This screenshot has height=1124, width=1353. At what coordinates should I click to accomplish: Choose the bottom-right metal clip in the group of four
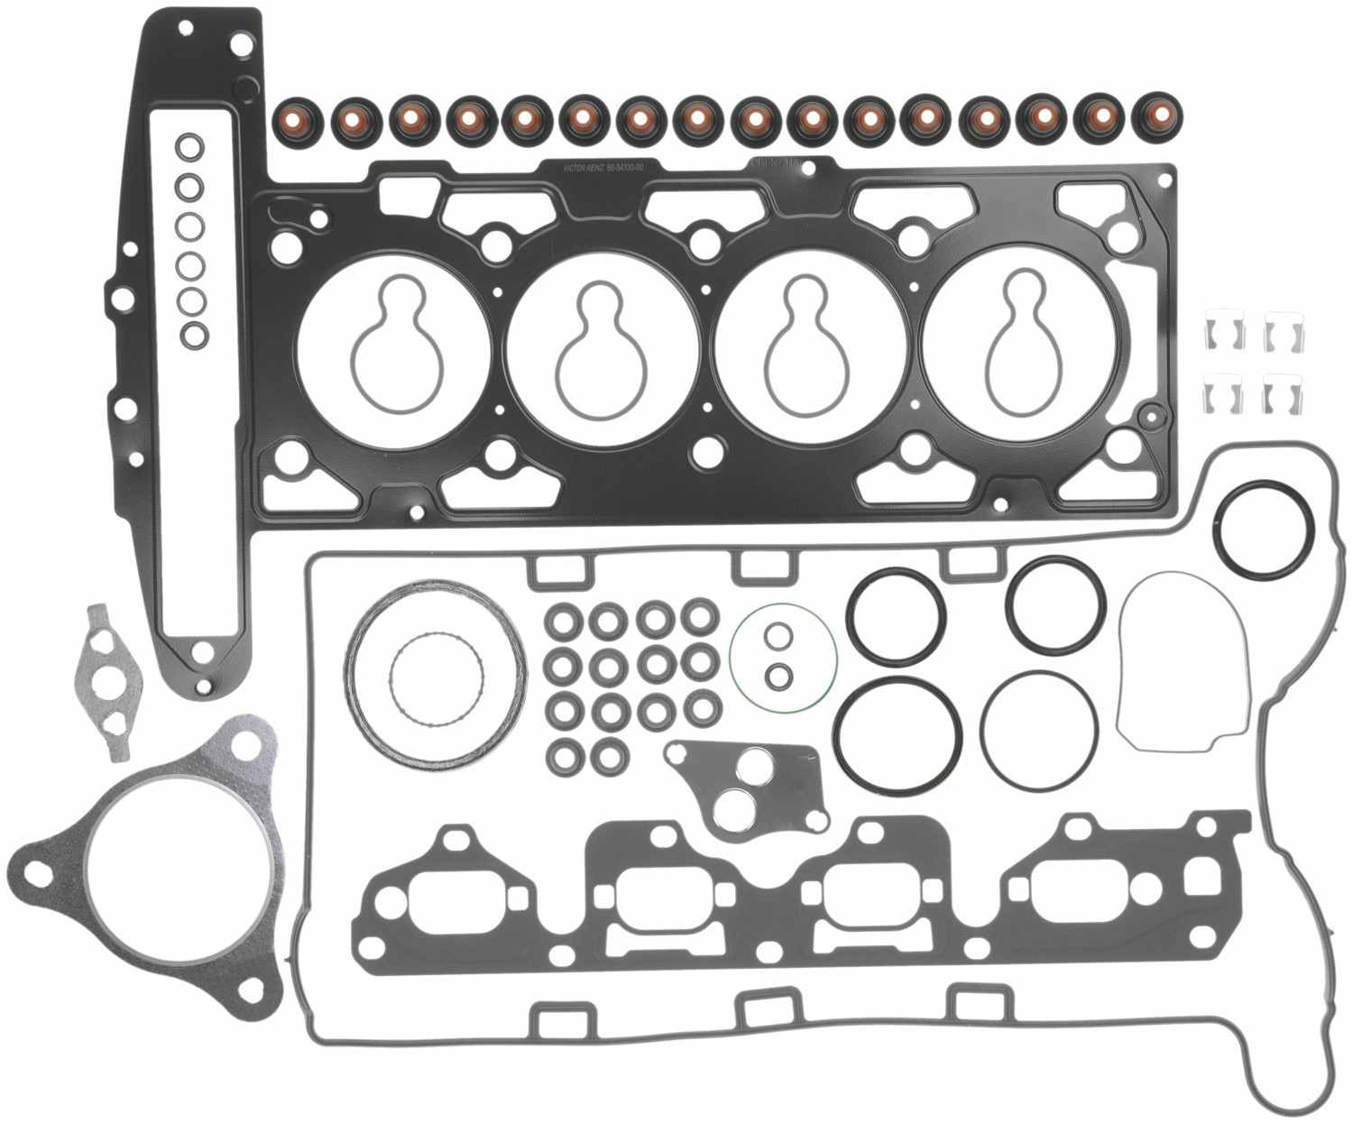(x=1283, y=396)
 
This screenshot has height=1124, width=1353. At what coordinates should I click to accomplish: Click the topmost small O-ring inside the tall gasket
(x=190, y=146)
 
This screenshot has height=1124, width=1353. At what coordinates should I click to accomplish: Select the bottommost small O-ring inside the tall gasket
(x=192, y=335)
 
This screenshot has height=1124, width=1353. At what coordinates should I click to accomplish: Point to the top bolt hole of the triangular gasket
(x=245, y=746)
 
